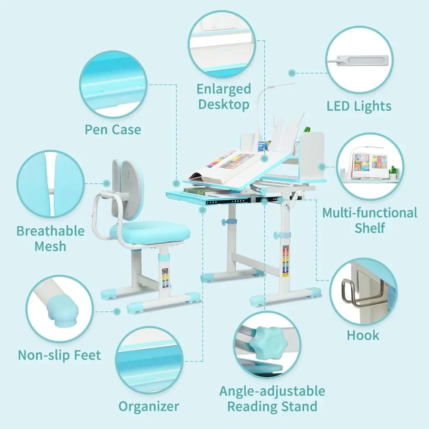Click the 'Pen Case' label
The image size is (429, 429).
(112, 129)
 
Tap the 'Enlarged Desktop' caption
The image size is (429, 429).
(224, 97)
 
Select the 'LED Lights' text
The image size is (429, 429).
(359, 106)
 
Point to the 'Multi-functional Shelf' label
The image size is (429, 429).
(369, 220)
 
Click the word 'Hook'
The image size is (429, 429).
(363, 335)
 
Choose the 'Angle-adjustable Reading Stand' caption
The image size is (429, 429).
(272, 398)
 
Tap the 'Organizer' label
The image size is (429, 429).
(148, 406)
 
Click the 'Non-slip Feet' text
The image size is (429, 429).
(59, 355)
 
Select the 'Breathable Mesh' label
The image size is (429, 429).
(50, 238)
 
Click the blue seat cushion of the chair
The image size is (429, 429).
(150, 232)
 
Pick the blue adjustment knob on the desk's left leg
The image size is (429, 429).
(224, 222)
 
